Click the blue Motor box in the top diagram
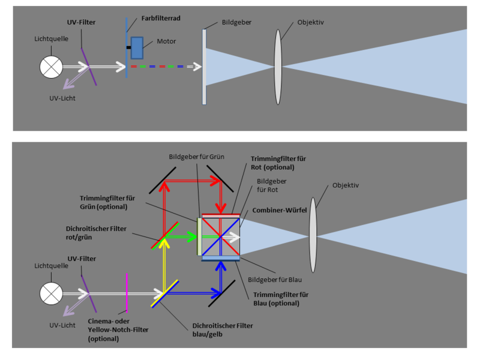pyautogui.click(x=137, y=48)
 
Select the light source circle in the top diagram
pyautogui.click(x=49, y=66)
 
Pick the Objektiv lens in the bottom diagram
pyautogui.click(x=313, y=231)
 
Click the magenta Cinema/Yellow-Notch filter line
pyautogui.click(x=127, y=292)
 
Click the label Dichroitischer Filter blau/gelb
pyautogui.click(x=218, y=330)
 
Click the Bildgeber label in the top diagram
pyautogui.click(x=235, y=22)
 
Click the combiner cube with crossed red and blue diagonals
pyautogui.click(x=221, y=237)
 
